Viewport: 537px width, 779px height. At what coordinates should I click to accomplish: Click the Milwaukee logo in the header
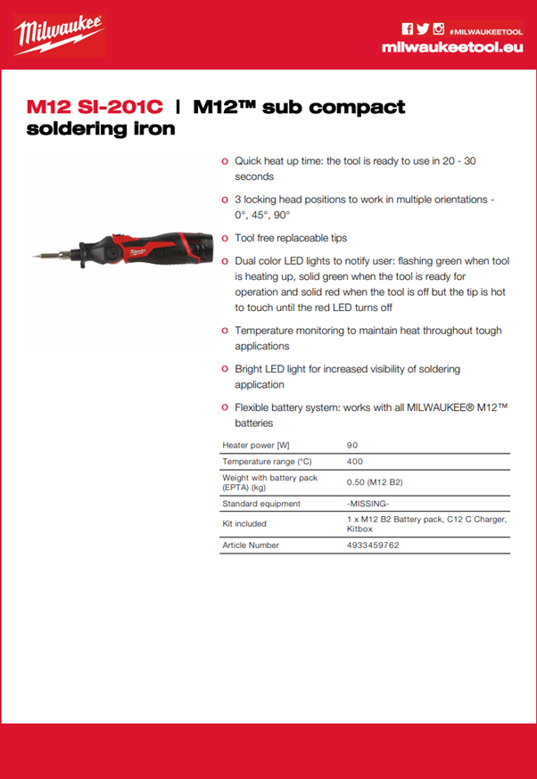(59, 36)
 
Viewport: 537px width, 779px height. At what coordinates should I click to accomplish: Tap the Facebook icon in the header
(407, 29)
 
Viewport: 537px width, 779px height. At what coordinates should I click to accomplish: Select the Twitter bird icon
(423, 29)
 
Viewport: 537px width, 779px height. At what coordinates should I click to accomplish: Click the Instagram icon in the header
(438, 29)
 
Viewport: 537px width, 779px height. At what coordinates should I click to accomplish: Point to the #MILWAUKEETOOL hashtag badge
(485, 29)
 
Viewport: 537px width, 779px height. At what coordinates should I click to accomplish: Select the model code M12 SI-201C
(95, 107)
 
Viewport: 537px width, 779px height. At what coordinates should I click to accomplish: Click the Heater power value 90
(352, 444)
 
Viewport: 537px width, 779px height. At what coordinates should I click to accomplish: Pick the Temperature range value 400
(354, 462)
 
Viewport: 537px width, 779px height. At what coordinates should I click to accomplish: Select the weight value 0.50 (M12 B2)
(375, 482)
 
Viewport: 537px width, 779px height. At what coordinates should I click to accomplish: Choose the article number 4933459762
(373, 545)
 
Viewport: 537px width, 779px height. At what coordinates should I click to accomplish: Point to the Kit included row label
(244, 524)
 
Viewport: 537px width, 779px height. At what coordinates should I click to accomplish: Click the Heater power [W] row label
(255, 444)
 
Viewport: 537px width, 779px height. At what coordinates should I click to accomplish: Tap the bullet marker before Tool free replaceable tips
(224, 239)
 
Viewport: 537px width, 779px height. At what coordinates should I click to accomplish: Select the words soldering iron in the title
(101, 128)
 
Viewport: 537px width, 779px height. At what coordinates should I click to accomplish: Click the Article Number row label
(251, 545)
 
